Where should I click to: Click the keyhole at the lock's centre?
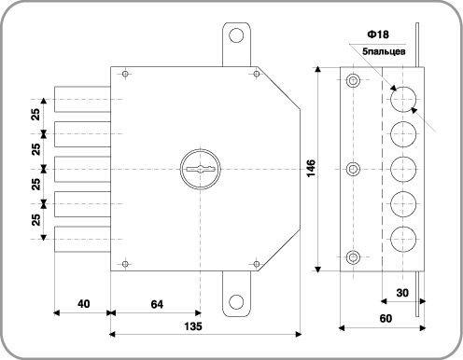pos(201,169)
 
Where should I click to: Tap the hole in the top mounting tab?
pos(236,35)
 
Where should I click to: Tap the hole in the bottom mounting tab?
pos(236,302)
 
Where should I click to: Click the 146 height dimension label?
pos(311,169)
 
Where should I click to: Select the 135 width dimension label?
pos(193,326)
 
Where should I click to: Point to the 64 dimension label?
pos(157,304)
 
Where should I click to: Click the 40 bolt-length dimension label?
pos(84,304)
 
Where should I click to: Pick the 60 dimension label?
pos(386,318)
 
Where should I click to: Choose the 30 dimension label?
pos(402,293)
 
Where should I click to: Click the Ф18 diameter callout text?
pos(378,35)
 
